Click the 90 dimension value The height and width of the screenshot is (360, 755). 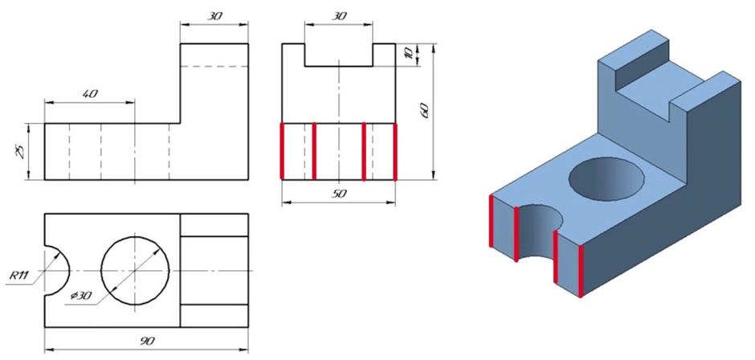[x=147, y=342]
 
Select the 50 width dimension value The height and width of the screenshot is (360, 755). [x=339, y=194]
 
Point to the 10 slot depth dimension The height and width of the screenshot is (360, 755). [x=409, y=55]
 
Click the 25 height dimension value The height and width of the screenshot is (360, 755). [x=19, y=152]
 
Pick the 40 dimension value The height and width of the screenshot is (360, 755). [x=90, y=94]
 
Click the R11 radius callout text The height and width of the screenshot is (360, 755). [x=19, y=276]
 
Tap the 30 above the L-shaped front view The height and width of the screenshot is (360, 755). [x=214, y=16]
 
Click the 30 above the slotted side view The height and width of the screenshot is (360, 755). [x=339, y=16]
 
